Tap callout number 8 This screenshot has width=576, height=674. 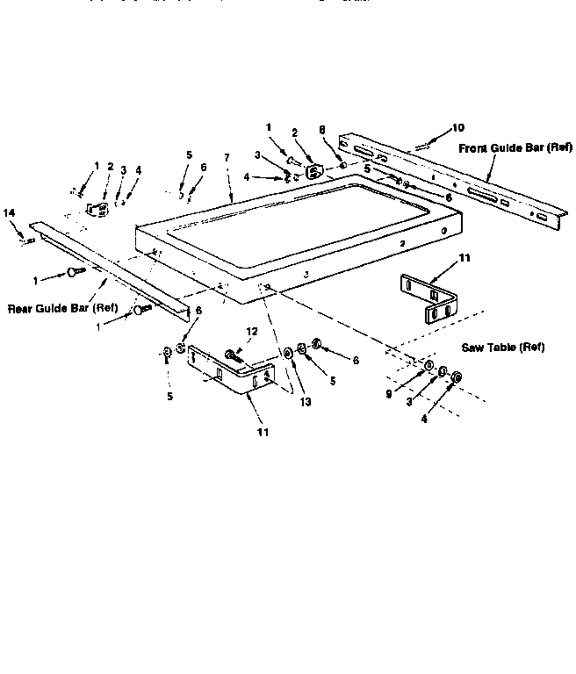coord(323,129)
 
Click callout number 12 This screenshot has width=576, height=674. coord(253,332)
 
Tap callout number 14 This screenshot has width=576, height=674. coord(10,213)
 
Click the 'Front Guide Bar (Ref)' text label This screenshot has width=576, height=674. coord(515,148)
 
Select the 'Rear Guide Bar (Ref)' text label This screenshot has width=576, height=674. coord(62,308)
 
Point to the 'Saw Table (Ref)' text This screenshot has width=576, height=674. coord(503,348)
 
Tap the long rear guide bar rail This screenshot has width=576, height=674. coord(105,263)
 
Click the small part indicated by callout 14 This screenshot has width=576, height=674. coord(29,239)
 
